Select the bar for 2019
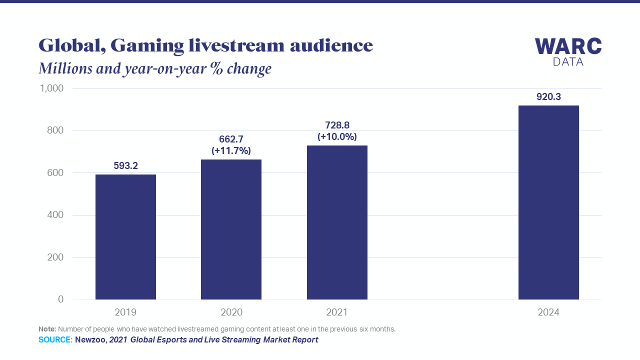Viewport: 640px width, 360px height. pyautogui.click(x=125, y=237)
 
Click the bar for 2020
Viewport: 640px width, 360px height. pyautogui.click(x=231, y=229)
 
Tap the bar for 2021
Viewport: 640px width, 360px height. pyautogui.click(x=337, y=222)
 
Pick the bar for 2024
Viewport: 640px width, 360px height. pyautogui.click(x=548, y=202)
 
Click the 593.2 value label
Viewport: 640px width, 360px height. pyautogui.click(x=125, y=165)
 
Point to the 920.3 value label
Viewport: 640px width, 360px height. pyautogui.click(x=548, y=97)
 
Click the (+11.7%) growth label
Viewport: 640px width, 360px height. pyautogui.click(x=231, y=150)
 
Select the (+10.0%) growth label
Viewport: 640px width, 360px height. pyautogui.click(x=337, y=136)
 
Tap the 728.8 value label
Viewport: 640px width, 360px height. pyautogui.click(x=337, y=125)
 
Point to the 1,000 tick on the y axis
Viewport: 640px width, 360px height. pyautogui.click(x=51, y=88)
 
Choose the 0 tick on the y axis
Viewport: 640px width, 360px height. pyautogui.click(x=60, y=299)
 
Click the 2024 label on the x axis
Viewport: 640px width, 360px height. pyautogui.click(x=548, y=312)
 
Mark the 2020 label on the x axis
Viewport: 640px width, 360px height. pyautogui.click(x=231, y=312)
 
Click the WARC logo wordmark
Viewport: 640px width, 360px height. pyautogui.click(x=568, y=47)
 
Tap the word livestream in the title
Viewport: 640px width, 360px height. pyautogui.click(x=233, y=45)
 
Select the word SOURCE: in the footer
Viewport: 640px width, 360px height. pyautogui.click(x=55, y=340)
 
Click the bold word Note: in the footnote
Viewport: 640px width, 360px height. pyautogui.click(x=47, y=329)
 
